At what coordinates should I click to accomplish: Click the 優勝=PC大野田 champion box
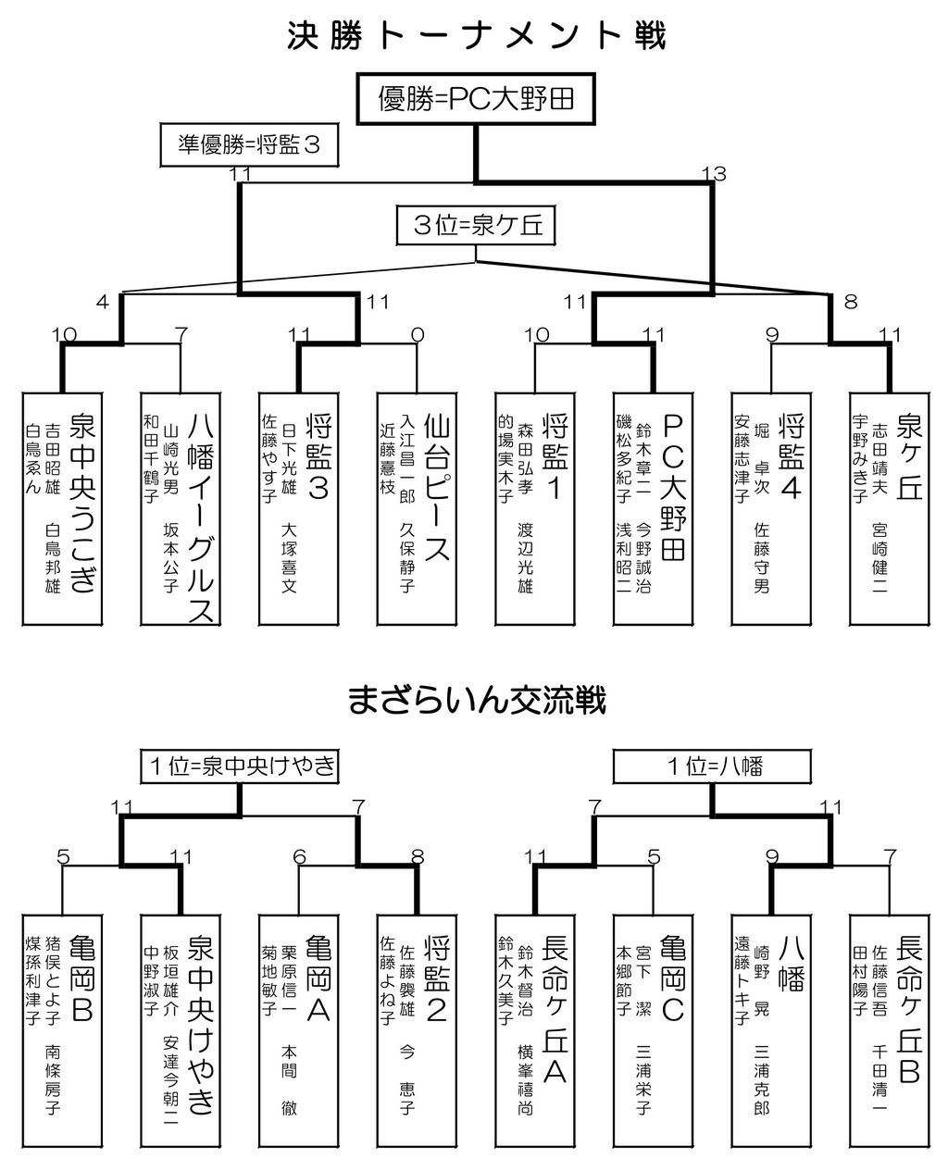pyautogui.click(x=477, y=99)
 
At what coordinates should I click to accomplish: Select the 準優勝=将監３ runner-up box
pyautogui.click(x=249, y=144)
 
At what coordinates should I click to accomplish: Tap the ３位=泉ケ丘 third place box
pyautogui.click(x=476, y=225)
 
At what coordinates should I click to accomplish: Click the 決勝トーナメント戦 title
pyautogui.click(x=476, y=36)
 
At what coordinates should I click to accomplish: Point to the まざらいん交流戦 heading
pyautogui.click(x=476, y=701)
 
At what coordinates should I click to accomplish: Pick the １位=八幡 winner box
pyautogui.click(x=714, y=766)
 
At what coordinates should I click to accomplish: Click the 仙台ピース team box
pyautogui.click(x=418, y=508)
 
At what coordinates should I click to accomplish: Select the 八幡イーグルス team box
pyautogui.click(x=181, y=508)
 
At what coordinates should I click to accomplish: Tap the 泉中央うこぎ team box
pyautogui.click(x=62, y=508)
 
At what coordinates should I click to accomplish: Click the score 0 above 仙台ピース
pyautogui.click(x=418, y=334)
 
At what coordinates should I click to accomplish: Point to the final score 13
pyautogui.click(x=713, y=174)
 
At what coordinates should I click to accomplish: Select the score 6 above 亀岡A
pyautogui.click(x=299, y=858)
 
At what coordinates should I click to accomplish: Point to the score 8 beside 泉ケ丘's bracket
pyautogui.click(x=851, y=302)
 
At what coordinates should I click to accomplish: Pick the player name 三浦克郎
pyautogui.click(x=761, y=1079)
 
